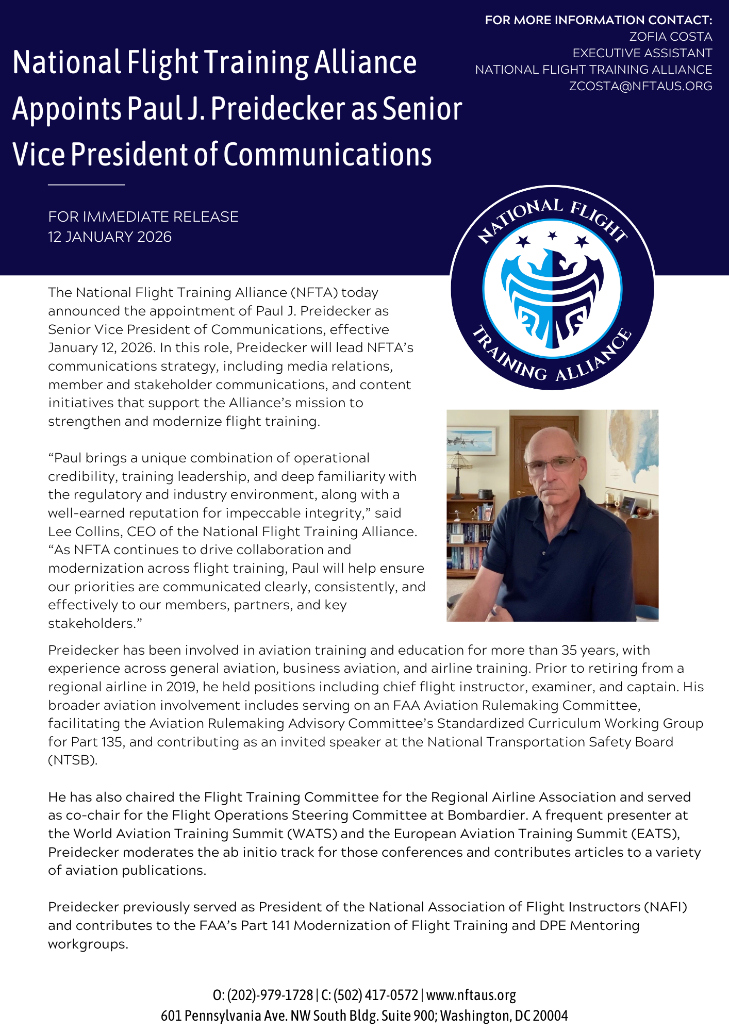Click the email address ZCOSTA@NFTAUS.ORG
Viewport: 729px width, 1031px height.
click(x=640, y=86)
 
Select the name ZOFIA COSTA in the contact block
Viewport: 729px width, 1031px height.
click(x=670, y=37)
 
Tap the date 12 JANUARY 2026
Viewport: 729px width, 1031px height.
click(x=110, y=237)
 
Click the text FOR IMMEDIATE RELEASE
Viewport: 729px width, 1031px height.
click(x=143, y=217)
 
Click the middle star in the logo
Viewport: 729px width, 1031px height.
click(x=552, y=236)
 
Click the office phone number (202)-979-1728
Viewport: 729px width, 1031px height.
click(x=270, y=995)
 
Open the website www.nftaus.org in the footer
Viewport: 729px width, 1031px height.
click(x=471, y=995)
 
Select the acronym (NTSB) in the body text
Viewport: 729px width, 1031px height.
click(x=72, y=760)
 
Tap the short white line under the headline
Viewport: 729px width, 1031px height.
click(x=87, y=184)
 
